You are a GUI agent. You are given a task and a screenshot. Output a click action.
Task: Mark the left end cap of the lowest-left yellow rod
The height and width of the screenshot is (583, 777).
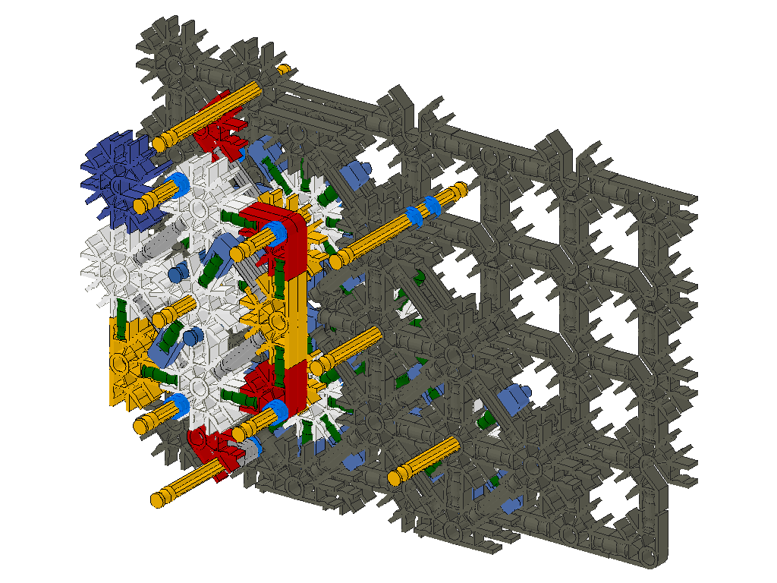point(158,499)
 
